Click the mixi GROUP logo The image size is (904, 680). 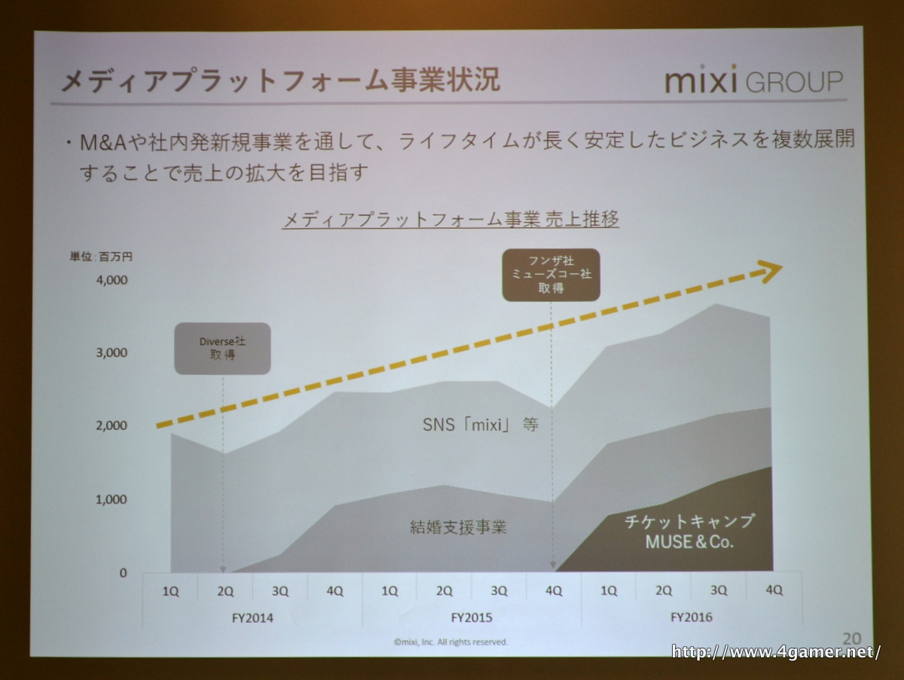pyautogui.click(x=753, y=81)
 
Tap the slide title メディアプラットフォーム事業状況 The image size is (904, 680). pyautogui.click(x=279, y=81)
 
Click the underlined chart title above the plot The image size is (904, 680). pyautogui.click(x=450, y=220)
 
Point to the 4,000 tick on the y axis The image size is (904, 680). pyautogui.click(x=113, y=280)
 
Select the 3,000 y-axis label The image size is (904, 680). pyautogui.click(x=113, y=353)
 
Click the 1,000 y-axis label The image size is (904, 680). pyautogui.click(x=113, y=499)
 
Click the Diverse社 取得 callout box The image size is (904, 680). pyautogui.click(x=222, y=348)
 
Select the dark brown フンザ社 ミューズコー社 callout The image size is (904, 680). pyautogui.click(x=551, y=275)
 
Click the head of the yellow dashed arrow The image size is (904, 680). pyautogui.click(x=771, y=271)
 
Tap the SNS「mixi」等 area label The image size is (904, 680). pyautogui.click(x=480, y=424)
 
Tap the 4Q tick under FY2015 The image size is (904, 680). pyautogui.click(x=554, y=591)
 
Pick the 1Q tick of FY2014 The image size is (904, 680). pyautogui.click(x=170, y=591)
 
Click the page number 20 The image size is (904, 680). pyautogui.click(x=853, y=637)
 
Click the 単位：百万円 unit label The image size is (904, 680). pyautogui.click(x=102, y=257)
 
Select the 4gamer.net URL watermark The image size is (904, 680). pyautogui.click(x=776, y=651)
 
